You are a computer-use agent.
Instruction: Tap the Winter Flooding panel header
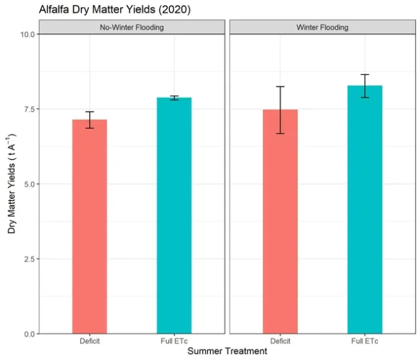tap(322, 28)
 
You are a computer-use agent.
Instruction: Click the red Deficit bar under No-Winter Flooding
tap(89, 227)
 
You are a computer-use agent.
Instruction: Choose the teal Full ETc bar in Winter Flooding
tap(365, 210)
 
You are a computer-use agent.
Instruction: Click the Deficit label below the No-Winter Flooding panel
tap(89, 341)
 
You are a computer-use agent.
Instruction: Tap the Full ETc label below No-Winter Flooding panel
tap(174, 341)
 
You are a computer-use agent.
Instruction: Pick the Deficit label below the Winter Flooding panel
tap(280, 341)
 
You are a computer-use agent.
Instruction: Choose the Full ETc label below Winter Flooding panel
tap(365, 341)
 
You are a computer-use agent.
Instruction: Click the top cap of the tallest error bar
tap(280, 87)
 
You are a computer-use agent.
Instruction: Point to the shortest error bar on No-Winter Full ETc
tap(174, 98)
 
